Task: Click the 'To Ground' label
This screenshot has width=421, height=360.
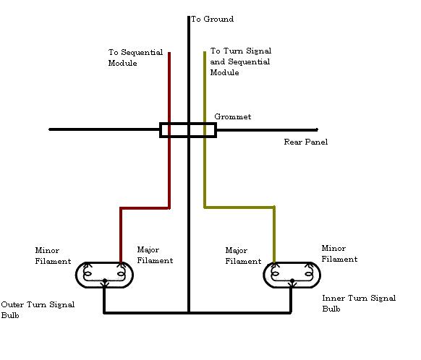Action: click(x=212, y=19)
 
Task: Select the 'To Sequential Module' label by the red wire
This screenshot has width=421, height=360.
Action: click(x=135, y=57)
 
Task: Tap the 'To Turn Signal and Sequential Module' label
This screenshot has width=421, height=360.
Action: click(x=241, y=61)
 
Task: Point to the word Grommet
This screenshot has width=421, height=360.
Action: click(x=232, y=116)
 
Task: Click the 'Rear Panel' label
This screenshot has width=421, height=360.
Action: click(x=306, y=142)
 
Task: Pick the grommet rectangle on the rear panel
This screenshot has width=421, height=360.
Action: click(x=188, y=124)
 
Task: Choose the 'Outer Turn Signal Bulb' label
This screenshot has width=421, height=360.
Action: click(x=38, y=310)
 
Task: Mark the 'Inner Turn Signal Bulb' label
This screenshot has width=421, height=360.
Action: click(x=359, y=304)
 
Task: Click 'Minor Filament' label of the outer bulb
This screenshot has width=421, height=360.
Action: click(x=53, y=256)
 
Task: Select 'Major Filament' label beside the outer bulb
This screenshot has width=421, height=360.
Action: click(x=155, y=255)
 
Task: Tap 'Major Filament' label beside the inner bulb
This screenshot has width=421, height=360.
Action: click(x=243, y=256)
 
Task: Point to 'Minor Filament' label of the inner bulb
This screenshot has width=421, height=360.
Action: click(x=339, y=254)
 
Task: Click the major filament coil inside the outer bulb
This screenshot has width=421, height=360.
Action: click(x=121, y=274)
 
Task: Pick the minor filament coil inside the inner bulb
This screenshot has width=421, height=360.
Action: click(x=309, y=274)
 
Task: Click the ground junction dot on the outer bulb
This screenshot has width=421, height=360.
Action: click(x=105, y=281)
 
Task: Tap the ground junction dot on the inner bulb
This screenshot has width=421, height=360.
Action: click(x=292, y=281)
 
